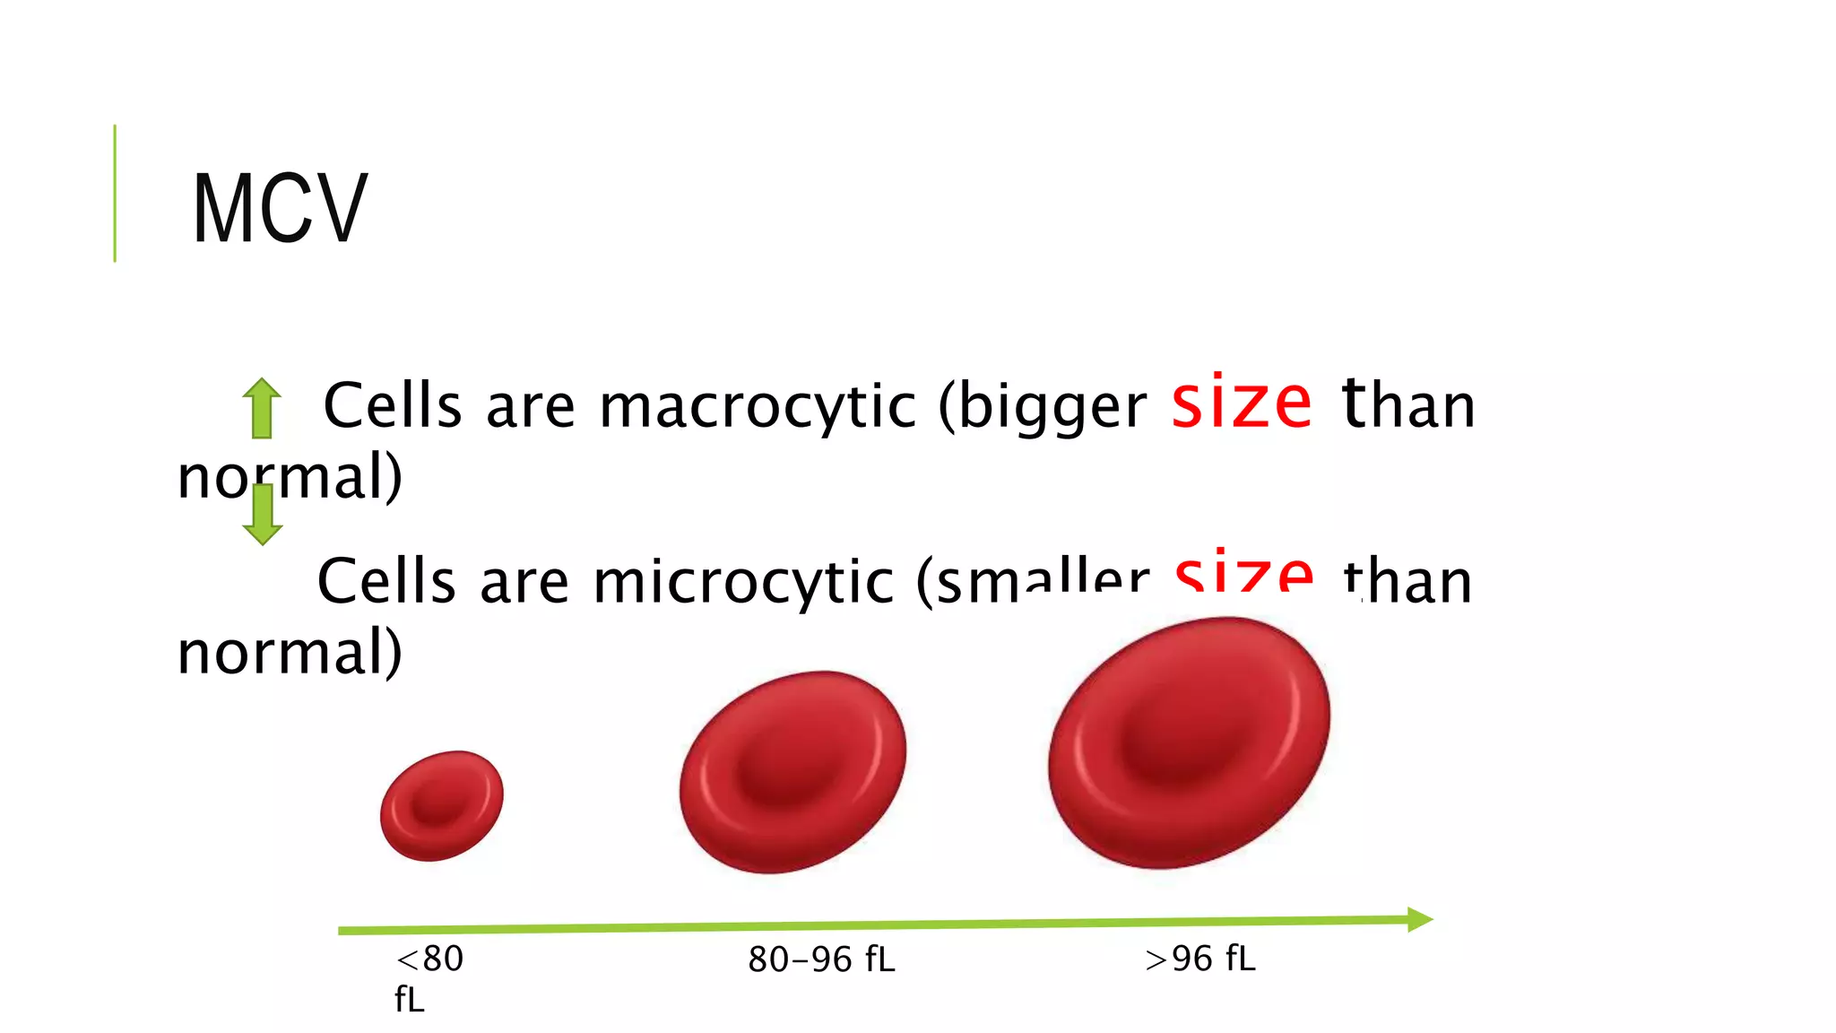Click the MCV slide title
(x=280, y=208)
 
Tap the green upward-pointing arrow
(x=262, y=408)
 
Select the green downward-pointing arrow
(x=263, y=514)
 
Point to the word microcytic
(x=743, y=582)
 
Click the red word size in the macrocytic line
(x=1242, y=404)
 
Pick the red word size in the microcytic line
(x=1244, y=574)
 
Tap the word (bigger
(x=1043, y=406)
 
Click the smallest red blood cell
(x=441, y=805)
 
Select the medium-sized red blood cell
(x=792, y=771)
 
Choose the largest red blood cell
(x=1189, y=742)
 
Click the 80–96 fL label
(x=821, y=959)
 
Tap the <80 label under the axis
(x=429, y=959)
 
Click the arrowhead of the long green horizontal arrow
(x=1420, y=919)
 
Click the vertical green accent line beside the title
(x=115, y=193)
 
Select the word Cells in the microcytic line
(x=386, y=582)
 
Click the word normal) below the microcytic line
(x=290, y=652)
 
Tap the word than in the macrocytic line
(x=1408, y=405)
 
